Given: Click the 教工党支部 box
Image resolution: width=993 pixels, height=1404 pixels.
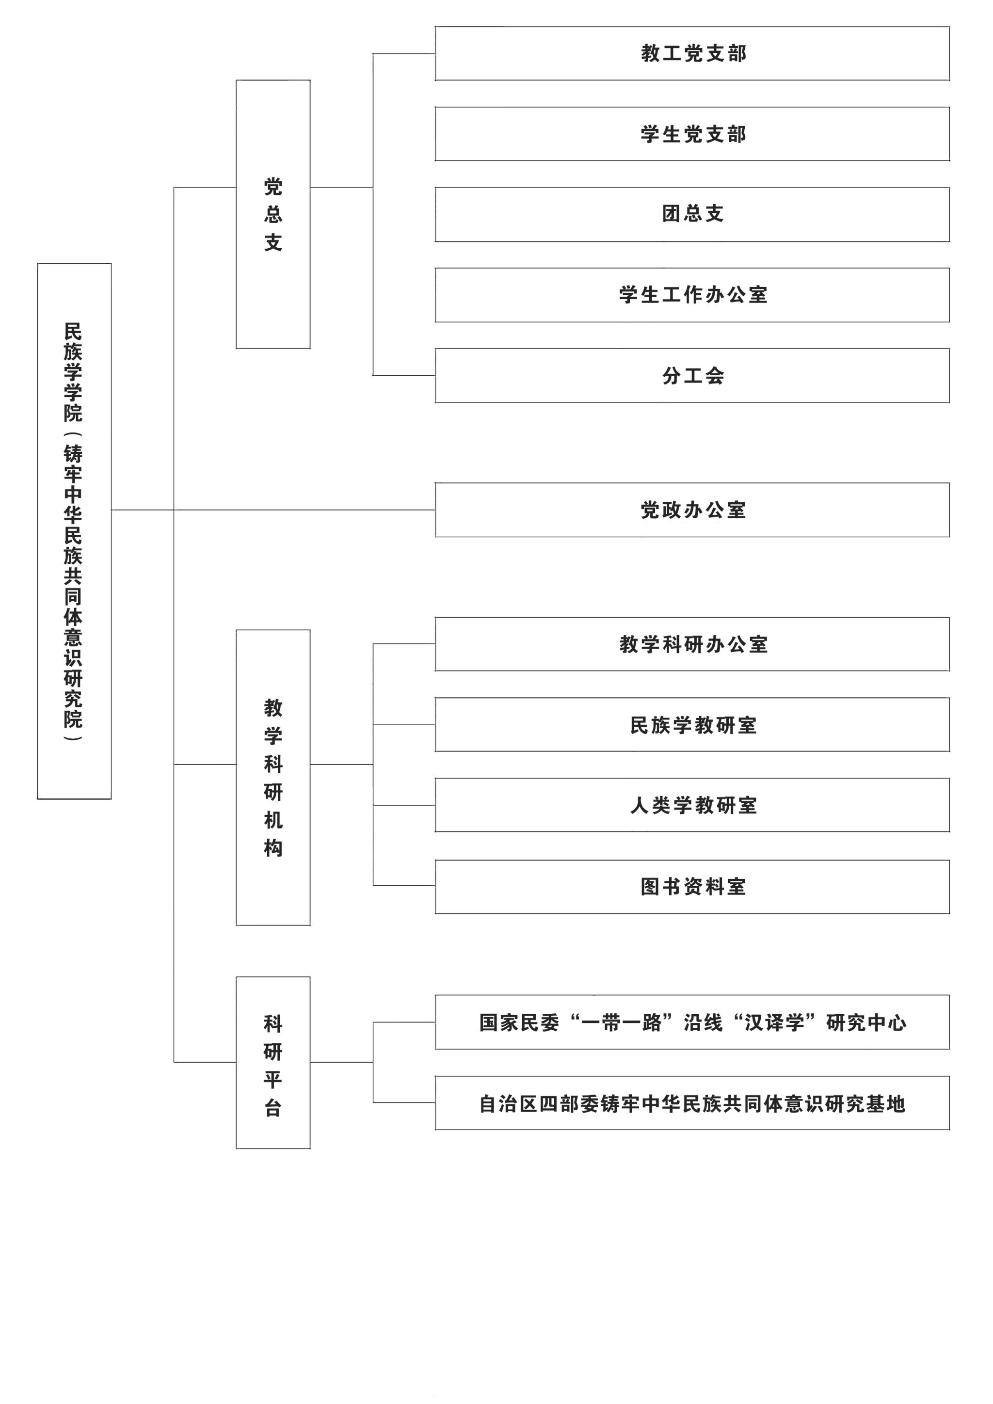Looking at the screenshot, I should [x=692, y=53].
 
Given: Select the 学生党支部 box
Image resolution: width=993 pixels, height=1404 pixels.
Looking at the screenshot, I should [x=692, y=134].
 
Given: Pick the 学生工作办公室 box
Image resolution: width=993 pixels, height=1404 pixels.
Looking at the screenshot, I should [x=692, y=295].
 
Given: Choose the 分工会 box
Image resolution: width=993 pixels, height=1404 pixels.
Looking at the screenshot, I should [x=692, y=375].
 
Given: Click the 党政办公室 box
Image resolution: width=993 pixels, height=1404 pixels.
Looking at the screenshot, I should [x=692, y=510].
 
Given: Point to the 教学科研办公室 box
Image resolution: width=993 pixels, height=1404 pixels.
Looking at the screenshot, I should [x=692, y=644].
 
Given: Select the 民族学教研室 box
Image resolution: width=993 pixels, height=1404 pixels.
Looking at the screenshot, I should [x=692, y=725].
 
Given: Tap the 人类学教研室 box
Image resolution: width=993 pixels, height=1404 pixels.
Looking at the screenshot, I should [x=692, y=805].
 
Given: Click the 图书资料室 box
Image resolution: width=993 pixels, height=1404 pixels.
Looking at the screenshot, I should [x=692, y=887].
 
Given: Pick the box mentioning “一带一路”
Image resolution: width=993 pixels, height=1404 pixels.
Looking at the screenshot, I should [x=692, y=1022].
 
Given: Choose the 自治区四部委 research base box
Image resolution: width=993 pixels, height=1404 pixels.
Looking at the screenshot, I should [x=692, y=1103].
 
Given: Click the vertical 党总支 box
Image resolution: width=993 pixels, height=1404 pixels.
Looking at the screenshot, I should [x=273, y=214].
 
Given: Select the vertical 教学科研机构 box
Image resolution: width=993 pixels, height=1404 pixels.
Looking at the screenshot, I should [x=273, y=778].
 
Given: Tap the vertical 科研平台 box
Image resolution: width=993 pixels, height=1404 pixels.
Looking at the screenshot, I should [x=273, y=1063].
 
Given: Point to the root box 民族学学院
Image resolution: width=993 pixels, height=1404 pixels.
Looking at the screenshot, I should [x=74, y=531].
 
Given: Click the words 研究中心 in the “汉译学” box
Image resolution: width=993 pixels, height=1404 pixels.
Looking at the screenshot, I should [x=866, y=1022].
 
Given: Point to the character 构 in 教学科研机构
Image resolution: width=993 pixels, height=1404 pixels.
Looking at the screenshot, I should [x=273, y=848].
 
